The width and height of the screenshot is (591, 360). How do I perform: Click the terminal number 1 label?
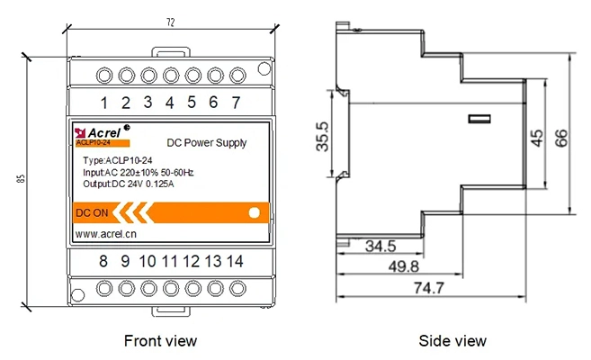[x=104, y=102]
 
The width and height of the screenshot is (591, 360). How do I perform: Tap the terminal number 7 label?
[x=236, y=102]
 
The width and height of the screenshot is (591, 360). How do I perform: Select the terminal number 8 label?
[x=103, y=262]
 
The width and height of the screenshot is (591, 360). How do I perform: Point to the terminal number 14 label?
[x=234, y=262]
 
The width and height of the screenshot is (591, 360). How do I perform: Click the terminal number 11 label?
[x=169, y=262]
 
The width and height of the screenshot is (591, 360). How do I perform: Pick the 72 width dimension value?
[x=170, y=20]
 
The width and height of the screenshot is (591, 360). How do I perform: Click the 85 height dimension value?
[x=20, y=178]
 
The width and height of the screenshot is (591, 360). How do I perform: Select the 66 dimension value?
[x=560, y=137]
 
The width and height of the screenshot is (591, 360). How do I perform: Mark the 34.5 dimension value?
[x=381, y=245]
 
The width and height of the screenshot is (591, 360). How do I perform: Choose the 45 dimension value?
[x=536, y=137]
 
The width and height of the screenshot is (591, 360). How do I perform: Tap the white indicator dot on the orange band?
[x=254, y=213]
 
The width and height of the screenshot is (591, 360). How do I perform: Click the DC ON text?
[x=92, y=214]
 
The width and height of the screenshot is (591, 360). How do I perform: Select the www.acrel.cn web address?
[x=105, y=234]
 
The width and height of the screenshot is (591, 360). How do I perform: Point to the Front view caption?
[x=159, y=340]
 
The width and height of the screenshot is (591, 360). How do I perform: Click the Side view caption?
[x=452, y=340]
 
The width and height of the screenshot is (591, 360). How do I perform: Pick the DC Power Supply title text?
[x=207, y=142]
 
